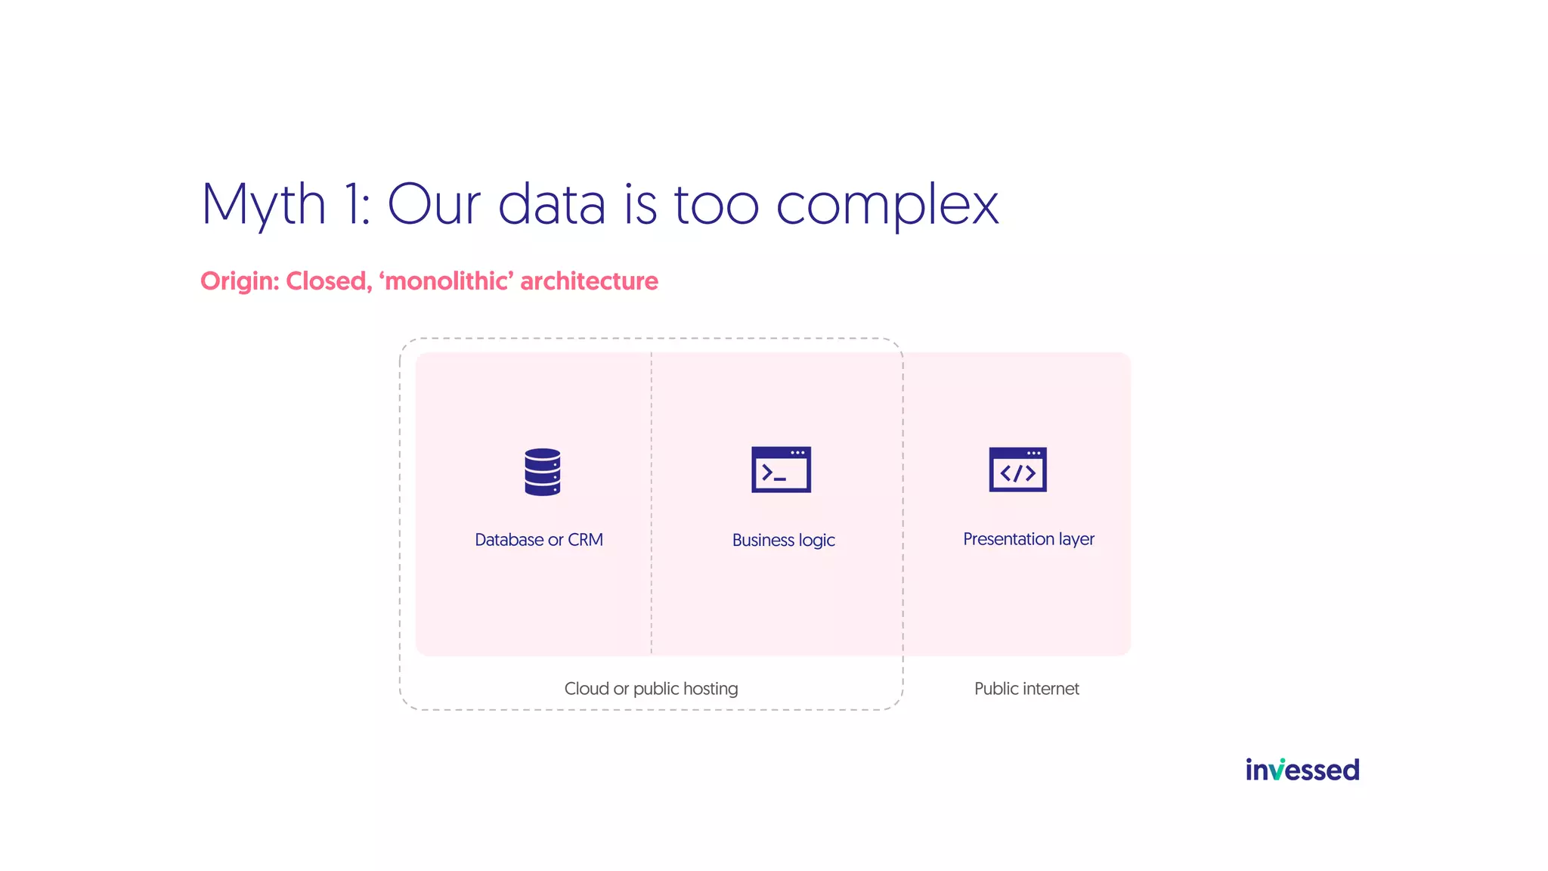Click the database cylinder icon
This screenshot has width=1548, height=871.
click(542, 472)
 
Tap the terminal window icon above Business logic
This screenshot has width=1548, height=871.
click(781, 470)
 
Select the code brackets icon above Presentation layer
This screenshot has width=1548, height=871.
click(1017, 470)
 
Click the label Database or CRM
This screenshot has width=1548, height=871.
click(538, 540)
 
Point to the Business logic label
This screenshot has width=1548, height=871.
click(783, 541)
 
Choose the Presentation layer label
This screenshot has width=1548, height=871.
click(1028, 539)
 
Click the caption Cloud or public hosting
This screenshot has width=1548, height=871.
click(651, 689)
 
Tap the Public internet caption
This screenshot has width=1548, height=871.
click(1026, 689)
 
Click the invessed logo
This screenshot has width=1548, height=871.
click(1302, 770)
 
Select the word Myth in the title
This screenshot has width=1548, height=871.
click(263, 204)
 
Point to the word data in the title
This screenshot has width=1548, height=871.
click(552, 204)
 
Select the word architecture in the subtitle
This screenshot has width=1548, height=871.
click(589, 281)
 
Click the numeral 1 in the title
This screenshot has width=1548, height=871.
click(352, 204)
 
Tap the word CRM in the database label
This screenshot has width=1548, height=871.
click(585, 540)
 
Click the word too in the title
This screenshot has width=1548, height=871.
click(716, 204)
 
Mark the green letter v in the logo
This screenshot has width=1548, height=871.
click(1277, 770)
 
